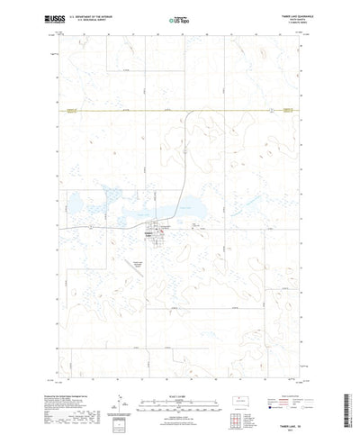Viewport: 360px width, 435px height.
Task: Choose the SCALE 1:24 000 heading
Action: [180, 380]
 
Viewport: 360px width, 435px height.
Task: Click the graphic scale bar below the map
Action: [180, 388]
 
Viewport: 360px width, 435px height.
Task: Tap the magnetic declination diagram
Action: [121, 397]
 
